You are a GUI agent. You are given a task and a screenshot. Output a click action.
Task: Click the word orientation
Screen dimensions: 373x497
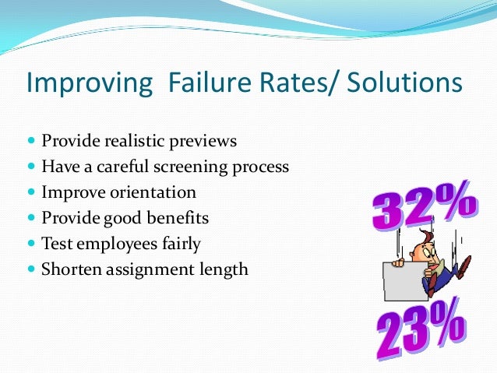point(153,192)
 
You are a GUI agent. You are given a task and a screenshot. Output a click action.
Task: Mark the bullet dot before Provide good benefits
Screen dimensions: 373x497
point(31,218)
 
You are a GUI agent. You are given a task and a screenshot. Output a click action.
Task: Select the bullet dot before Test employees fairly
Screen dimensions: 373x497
point(31,244)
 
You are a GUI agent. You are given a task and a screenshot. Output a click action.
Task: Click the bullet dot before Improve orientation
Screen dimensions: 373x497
point(31,192)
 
